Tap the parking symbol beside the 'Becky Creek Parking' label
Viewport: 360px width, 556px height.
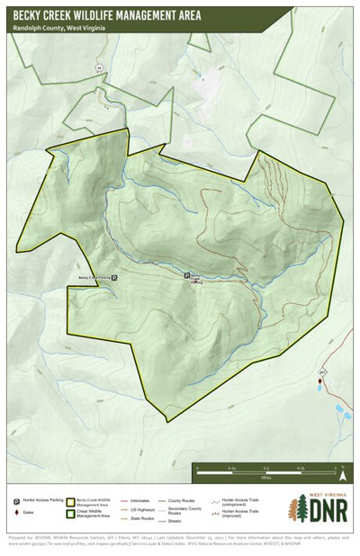pos(113,279)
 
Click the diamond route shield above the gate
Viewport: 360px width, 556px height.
pos(320,370)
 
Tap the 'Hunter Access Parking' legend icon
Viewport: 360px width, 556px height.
pos(16,500)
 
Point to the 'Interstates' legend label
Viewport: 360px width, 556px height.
pos(139,499)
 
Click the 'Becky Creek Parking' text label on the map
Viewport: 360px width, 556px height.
pos(93,279)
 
